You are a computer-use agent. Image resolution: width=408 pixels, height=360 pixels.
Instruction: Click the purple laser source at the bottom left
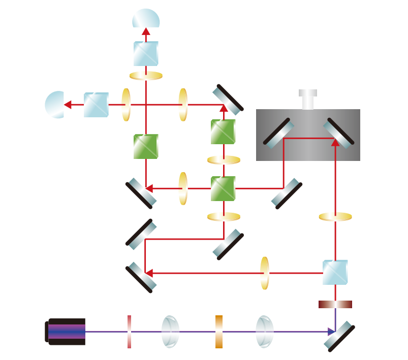(x=66, y=332)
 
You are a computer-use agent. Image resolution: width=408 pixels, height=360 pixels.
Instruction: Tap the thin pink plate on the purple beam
(x=129, y=332)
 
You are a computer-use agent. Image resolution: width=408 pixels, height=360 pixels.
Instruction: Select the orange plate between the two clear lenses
(x=218, y=332)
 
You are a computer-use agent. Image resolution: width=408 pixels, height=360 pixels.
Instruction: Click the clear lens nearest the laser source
(x=170, y=332)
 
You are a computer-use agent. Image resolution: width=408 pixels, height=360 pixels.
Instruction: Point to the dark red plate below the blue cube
(x=335, y=304)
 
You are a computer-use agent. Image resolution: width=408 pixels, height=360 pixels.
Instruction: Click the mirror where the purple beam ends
(x=339, y=336)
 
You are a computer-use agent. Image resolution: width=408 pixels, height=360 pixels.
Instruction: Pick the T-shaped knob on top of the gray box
(x=308, y=99)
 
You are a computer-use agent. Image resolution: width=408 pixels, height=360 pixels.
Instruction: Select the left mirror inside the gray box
(x=279, y=133)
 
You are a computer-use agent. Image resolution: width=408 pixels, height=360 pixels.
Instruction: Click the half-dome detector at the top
(x=146, y=19)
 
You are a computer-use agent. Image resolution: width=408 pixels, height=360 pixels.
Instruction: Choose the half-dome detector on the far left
(x=55, y=105)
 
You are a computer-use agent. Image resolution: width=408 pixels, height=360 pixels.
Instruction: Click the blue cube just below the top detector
(x=146, y=53)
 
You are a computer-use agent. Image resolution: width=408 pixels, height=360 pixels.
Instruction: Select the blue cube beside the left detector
(x=96, y=105)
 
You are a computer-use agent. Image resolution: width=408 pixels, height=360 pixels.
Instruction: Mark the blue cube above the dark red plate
(x=335, y=273)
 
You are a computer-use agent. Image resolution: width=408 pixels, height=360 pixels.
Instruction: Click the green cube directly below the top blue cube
(x=146, y=146)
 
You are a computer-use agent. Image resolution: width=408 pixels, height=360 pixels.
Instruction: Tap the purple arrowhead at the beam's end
(x=331, y=332)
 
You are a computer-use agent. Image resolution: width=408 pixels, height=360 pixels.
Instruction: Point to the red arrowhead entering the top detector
(x=146, y=31)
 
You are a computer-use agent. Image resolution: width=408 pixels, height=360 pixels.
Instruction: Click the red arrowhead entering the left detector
(x=68, y=105)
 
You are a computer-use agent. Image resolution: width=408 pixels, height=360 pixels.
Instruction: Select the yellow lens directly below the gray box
(x=335, y=217)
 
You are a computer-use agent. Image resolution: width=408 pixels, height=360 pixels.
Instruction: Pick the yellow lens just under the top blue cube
(x=146, y=76)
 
